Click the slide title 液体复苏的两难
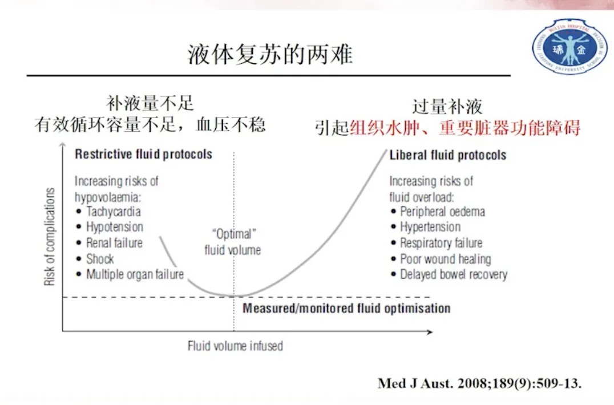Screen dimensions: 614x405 (270, 55)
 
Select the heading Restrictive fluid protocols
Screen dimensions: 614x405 (143, 154)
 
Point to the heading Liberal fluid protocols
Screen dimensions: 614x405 (447, 155)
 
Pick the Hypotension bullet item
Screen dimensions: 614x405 (115, 227)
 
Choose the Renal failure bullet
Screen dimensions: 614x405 (114, 243)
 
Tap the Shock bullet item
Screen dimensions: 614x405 (100, 259)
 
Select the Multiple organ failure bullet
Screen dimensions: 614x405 (135, 274)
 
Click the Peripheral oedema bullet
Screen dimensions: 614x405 (442, 212)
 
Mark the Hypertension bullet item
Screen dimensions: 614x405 (430, 227)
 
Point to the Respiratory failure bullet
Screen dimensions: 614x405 (441, 243)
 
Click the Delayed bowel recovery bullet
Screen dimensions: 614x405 (453, 274)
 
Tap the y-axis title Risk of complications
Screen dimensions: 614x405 (50, 237)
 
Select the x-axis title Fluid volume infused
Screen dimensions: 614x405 (235, 346)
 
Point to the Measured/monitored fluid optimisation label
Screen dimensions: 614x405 (346, 309)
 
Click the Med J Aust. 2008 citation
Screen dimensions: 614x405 (479, 383)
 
